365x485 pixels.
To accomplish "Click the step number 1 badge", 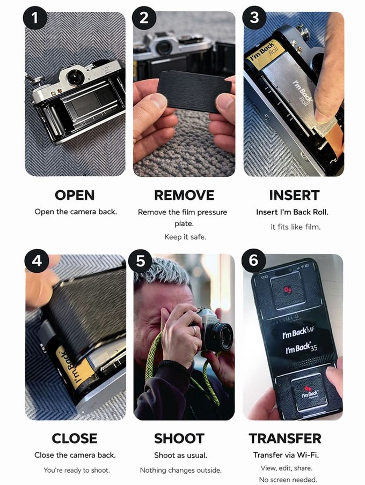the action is tap(35, 18).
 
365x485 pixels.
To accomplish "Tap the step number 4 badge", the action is tap(37, 260).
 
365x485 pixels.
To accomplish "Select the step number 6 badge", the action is tap(253, 260).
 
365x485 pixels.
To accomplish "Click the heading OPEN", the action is tap(75, 195).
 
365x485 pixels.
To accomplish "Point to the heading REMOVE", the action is tap(184, 195).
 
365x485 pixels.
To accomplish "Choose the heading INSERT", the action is tap(294, 195).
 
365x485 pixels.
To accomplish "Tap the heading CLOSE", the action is tap(75, 438).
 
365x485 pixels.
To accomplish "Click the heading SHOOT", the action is tap(179, 438).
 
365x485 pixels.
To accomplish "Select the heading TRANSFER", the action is tap(285, 438).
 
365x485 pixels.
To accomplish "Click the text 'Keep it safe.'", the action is tap(185, 237).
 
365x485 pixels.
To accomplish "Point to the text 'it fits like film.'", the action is tap(296, 227).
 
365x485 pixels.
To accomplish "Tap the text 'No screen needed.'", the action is tap(288, 480).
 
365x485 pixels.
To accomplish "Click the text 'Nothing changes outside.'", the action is tap(181, 470).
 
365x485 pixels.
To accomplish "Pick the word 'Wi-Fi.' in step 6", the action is tap(308, 455).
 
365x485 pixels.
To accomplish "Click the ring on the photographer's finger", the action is tap(194, 330).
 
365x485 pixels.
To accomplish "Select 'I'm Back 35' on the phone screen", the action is tap(302, 348).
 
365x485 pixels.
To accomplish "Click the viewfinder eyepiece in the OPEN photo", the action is tap(75, 77).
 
